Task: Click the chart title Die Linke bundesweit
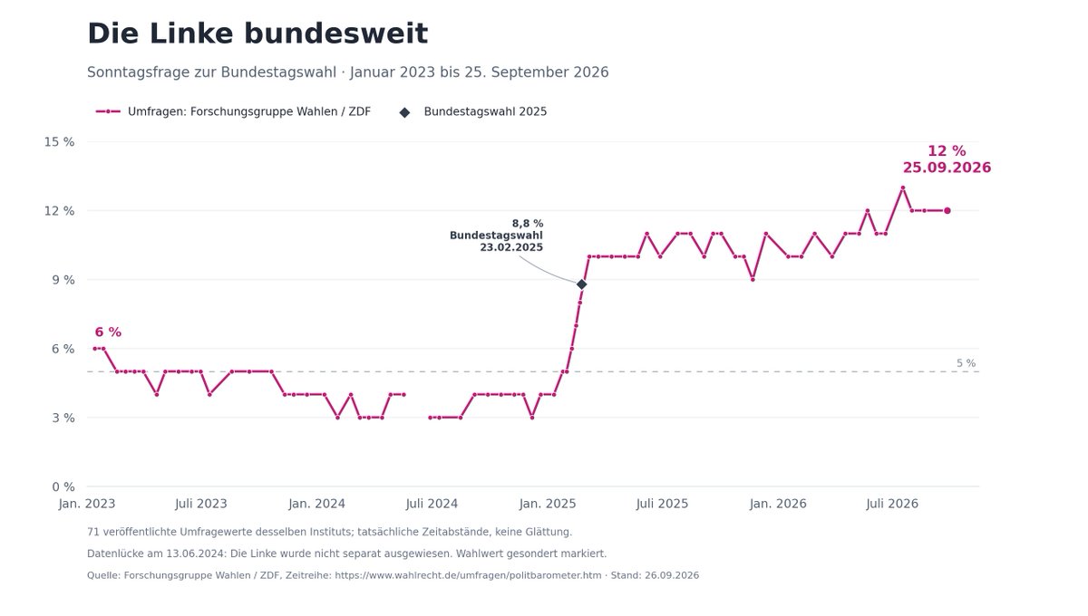[257, 34]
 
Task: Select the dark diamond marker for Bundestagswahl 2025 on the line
[581, 284]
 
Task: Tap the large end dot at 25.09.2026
[947, 211]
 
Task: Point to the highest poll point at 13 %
[902, 188]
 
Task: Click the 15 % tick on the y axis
[59, 141]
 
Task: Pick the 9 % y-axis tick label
[63, 280]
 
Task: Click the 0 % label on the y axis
[63, 486]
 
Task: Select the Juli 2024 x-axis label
[432, 504]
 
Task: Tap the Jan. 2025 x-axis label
[548, 504]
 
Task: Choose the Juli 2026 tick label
[892, 504]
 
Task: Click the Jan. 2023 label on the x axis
[87, 504]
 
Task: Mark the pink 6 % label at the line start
[108, 332]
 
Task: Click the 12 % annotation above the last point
[947, 151]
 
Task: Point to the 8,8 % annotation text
[528, 224]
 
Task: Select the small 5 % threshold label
[967, 363]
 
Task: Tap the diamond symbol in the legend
[404, 112]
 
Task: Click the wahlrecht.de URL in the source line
[468, 575]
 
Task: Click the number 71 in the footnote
[93, 532]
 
